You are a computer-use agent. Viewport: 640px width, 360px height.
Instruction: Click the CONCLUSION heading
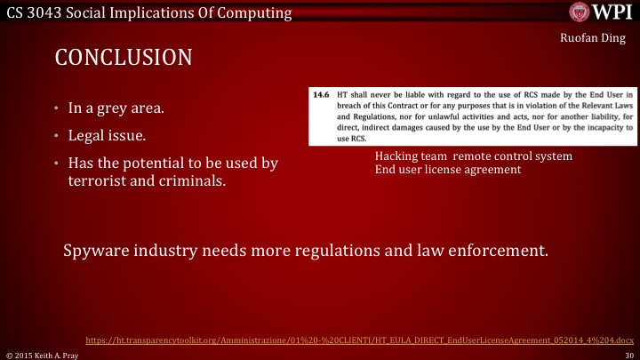tap(124, 58)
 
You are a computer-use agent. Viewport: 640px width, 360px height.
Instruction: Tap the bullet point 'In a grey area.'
tap(116, 109)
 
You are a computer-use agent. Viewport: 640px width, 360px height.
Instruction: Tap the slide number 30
tap(629, 354)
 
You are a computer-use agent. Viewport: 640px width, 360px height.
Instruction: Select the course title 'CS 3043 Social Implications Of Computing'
tap(147, 12)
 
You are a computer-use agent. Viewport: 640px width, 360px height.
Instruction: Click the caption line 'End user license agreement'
tap(447, 169)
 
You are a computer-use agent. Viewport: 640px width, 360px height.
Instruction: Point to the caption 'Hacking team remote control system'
tap(473, 156)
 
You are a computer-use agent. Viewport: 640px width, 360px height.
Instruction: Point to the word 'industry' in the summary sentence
tap(172, 250)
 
